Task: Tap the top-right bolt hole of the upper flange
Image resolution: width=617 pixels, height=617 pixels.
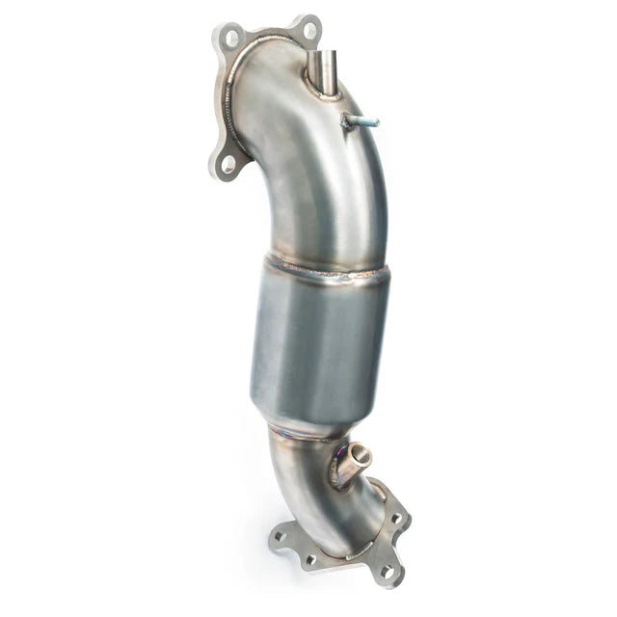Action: coord(309,30)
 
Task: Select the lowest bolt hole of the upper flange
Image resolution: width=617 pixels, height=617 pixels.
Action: coord(228,164)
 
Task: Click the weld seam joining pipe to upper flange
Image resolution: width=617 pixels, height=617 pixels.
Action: coord(231,96)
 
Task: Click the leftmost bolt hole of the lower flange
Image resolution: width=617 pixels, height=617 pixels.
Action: coord(282,534)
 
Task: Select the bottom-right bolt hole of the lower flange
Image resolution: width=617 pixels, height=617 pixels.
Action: coord(387,572)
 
